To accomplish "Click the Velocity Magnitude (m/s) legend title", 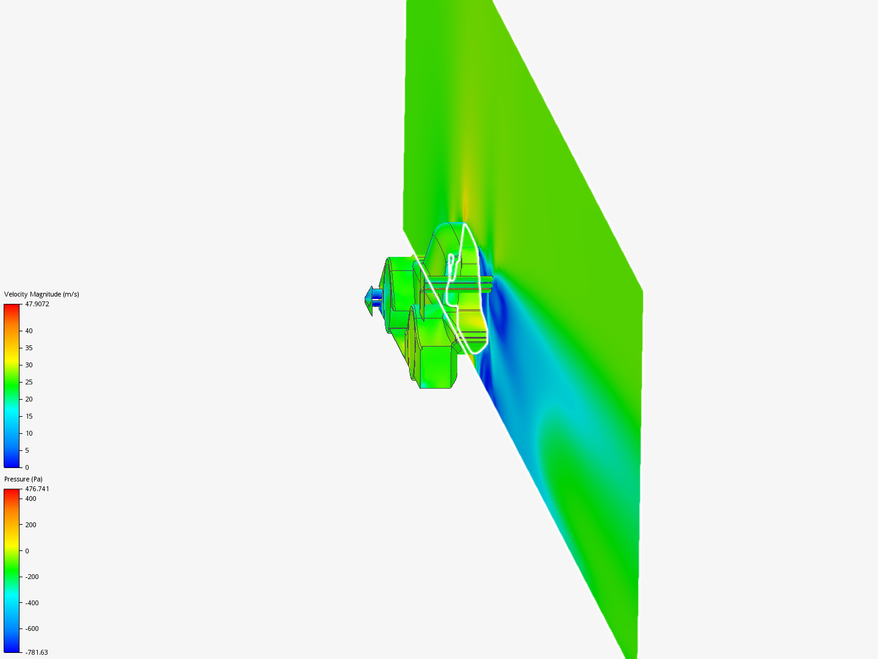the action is click(x=41, y=295).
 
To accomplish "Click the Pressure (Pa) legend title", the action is click(x=23, y=480).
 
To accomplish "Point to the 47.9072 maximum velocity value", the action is click(x=37, y=304).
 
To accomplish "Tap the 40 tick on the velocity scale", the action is click(x=29, y=331).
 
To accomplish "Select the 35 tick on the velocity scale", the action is click(x=29, y=348).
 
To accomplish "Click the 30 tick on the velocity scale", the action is click(x=29, y=365).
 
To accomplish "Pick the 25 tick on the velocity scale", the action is click(x=29, y=382).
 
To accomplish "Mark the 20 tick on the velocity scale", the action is click(x=29, y=399).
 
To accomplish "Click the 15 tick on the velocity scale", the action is click(x=29, y=416).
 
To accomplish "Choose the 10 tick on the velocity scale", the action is click(x=29, y=433).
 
